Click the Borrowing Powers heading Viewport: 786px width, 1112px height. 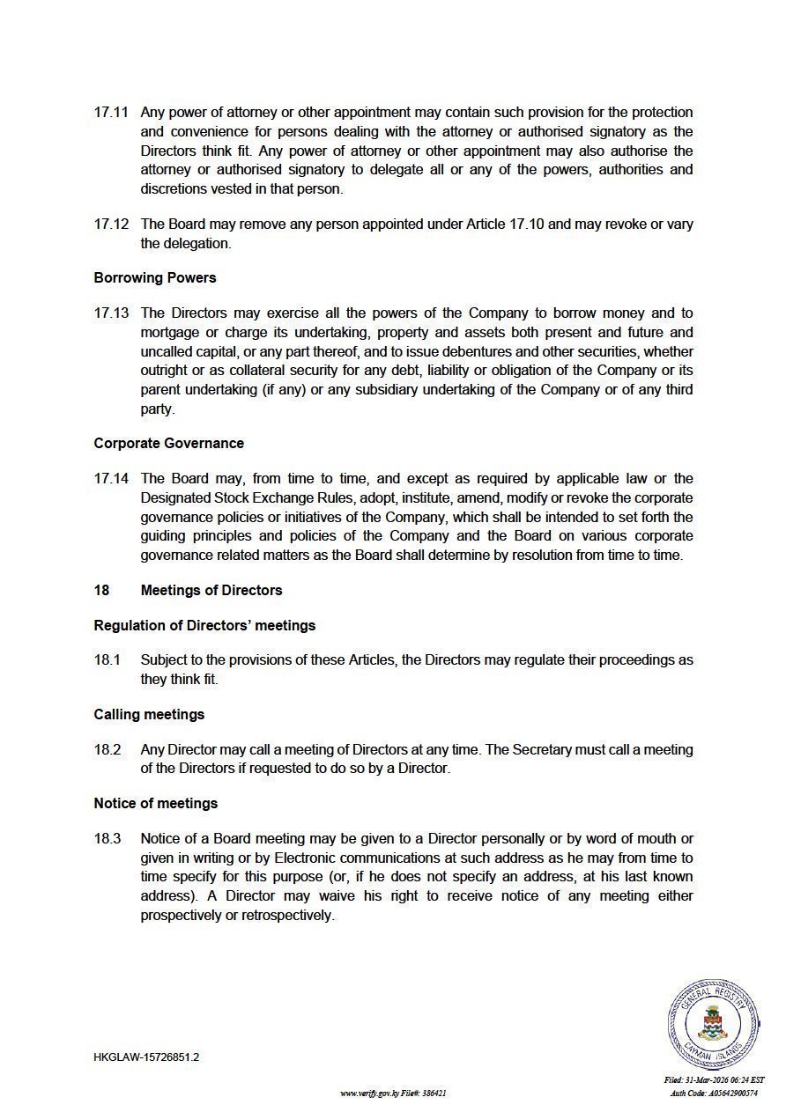(x=155, y=277)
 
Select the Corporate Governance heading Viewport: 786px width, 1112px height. (x=168, y=443)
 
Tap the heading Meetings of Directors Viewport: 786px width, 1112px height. (x=211, y=590)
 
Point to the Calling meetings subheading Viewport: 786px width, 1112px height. (x=149, y=714)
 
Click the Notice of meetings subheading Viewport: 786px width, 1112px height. (x=155, y=803)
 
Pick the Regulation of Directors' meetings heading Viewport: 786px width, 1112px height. (x=204, y=625)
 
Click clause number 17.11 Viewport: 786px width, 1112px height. (x=111, y=113)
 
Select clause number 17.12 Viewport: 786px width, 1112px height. (x=111, y=224)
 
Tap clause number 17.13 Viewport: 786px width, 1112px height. (x=111, y=313)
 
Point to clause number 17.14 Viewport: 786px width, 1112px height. (x=111, y=478)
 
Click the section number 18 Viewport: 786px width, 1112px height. (x=101, y=590)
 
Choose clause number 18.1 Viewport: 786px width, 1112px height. (x=108, y=659)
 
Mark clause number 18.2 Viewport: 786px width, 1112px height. (x=108, y=749)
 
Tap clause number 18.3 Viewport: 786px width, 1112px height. (x=108, y=838)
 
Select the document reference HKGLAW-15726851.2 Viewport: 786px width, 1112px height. (x=146, y=1057)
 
